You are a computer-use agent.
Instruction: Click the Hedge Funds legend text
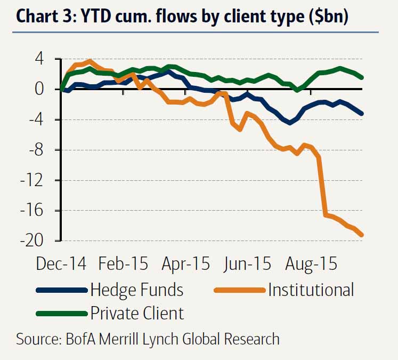click(x=137, y=290)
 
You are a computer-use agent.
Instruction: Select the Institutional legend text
click(x=311, y=290)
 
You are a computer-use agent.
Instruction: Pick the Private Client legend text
click(x=137, y=313)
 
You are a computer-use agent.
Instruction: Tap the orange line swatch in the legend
click(x=238, y=291)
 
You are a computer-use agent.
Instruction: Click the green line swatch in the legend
click(x=61, y=314)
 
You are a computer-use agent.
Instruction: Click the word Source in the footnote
click(x=38, y=339)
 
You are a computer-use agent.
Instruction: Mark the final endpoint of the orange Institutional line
click(x=362, y=234)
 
